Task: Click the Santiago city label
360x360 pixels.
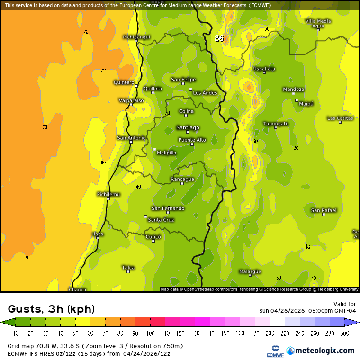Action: point(188,127)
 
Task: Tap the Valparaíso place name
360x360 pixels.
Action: point(131,100)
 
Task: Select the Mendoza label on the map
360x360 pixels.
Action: point(293,89)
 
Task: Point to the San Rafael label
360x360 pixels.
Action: point(324,210)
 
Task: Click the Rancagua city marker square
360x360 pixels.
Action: point(182,183)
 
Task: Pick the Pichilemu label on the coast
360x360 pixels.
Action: point(108,194)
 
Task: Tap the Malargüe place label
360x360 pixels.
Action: point(250,271)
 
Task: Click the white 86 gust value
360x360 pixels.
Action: point(219,38)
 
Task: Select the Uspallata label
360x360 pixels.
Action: point(264,69)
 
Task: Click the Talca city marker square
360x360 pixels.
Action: point(128,271)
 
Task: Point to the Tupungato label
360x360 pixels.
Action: point(276,124)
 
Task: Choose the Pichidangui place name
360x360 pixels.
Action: point(136,36)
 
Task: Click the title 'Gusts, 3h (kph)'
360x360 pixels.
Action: point(51,309)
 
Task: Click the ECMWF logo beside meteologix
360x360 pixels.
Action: point(272,351)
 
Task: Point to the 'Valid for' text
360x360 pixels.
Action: point(345,304)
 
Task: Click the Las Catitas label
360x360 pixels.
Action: point(340,118)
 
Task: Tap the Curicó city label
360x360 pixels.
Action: point(153,236)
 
